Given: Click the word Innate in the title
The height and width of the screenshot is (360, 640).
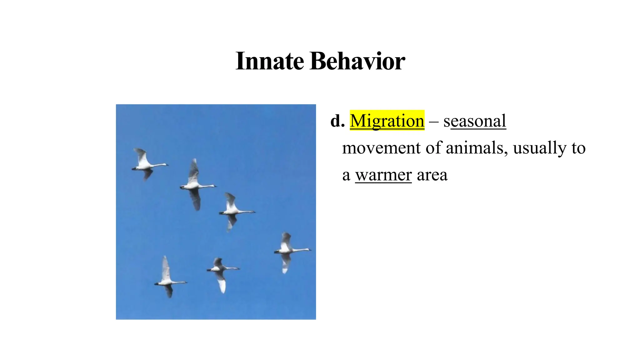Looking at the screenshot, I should pyautogui.click(x=269, y=61).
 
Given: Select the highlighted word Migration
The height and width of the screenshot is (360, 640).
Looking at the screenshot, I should pyautogui.click(x=387, y=121).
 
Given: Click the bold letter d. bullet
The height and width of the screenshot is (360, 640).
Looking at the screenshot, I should pyautogui.click(x=337, y=121).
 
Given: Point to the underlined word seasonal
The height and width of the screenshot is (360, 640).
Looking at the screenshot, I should pyautogui.click(x=475, y=121).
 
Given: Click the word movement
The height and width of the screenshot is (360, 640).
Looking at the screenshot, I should pyautogui.click(x=381, y=148).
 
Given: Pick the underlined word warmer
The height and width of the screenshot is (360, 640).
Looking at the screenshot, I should pyautogui.click(x=383, y=175).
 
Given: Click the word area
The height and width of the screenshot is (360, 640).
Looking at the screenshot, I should pyautogui.click(x=432, y=175).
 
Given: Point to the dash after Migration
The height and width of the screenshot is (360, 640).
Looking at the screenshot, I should pyautogui.click(x=434, y=121).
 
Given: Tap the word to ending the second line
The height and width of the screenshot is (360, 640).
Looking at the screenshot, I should pyautogui.click(x=578, y=148).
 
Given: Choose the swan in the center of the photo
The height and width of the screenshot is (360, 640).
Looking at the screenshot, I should pyautogui.click(x=233, y=211).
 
